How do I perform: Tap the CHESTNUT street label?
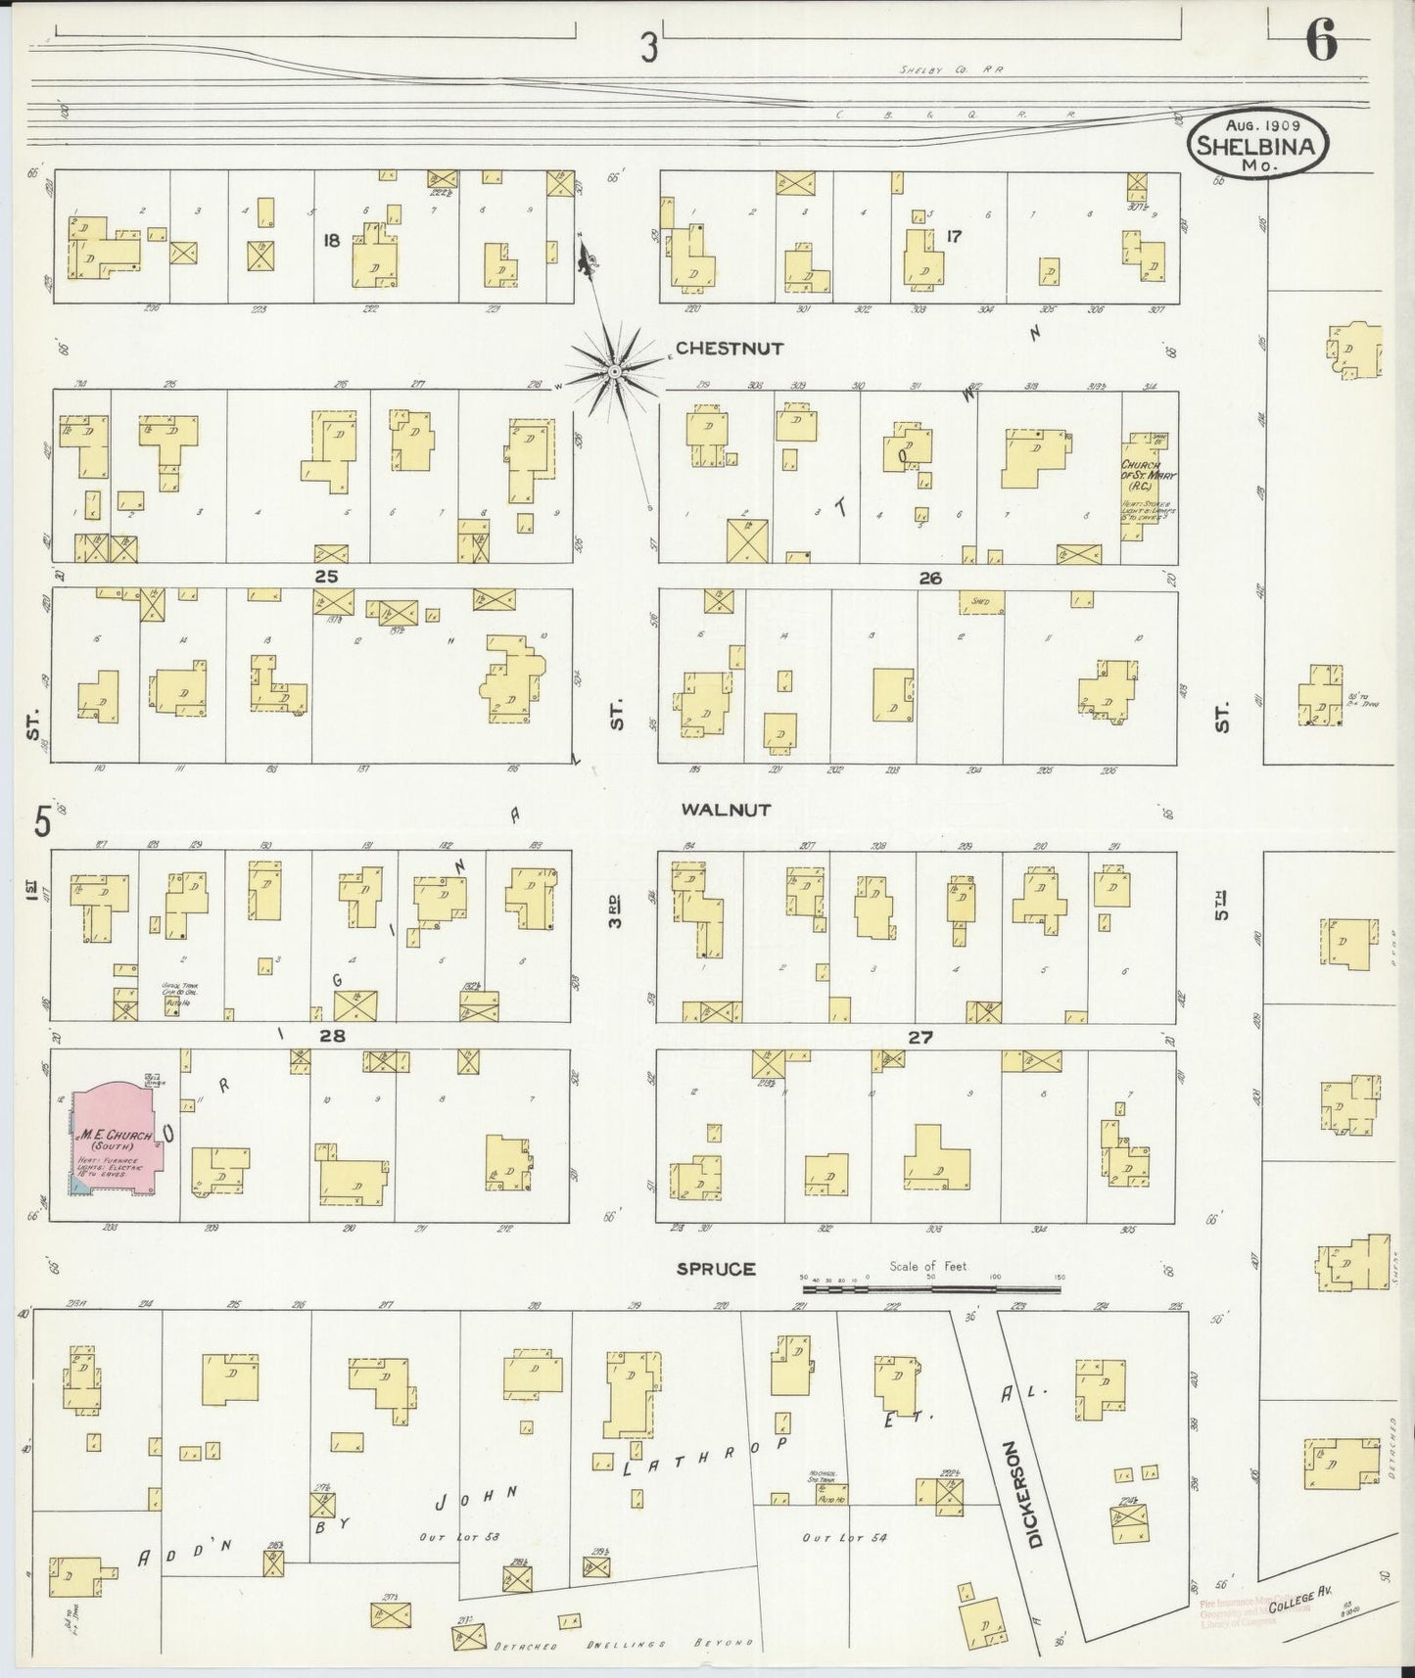click(730, 349)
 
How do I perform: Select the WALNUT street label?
click(726, 810)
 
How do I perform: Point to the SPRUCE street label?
click(717, 1269)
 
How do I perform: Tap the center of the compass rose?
click(613, 370)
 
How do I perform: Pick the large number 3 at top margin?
click(647, 49)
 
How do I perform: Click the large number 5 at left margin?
click(42, 821)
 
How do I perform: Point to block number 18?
click(331, 240)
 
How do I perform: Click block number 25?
click(325, 577)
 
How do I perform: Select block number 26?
click(929, 579)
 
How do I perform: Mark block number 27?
click(919, 1038)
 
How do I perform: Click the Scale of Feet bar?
click(930, 1290)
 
